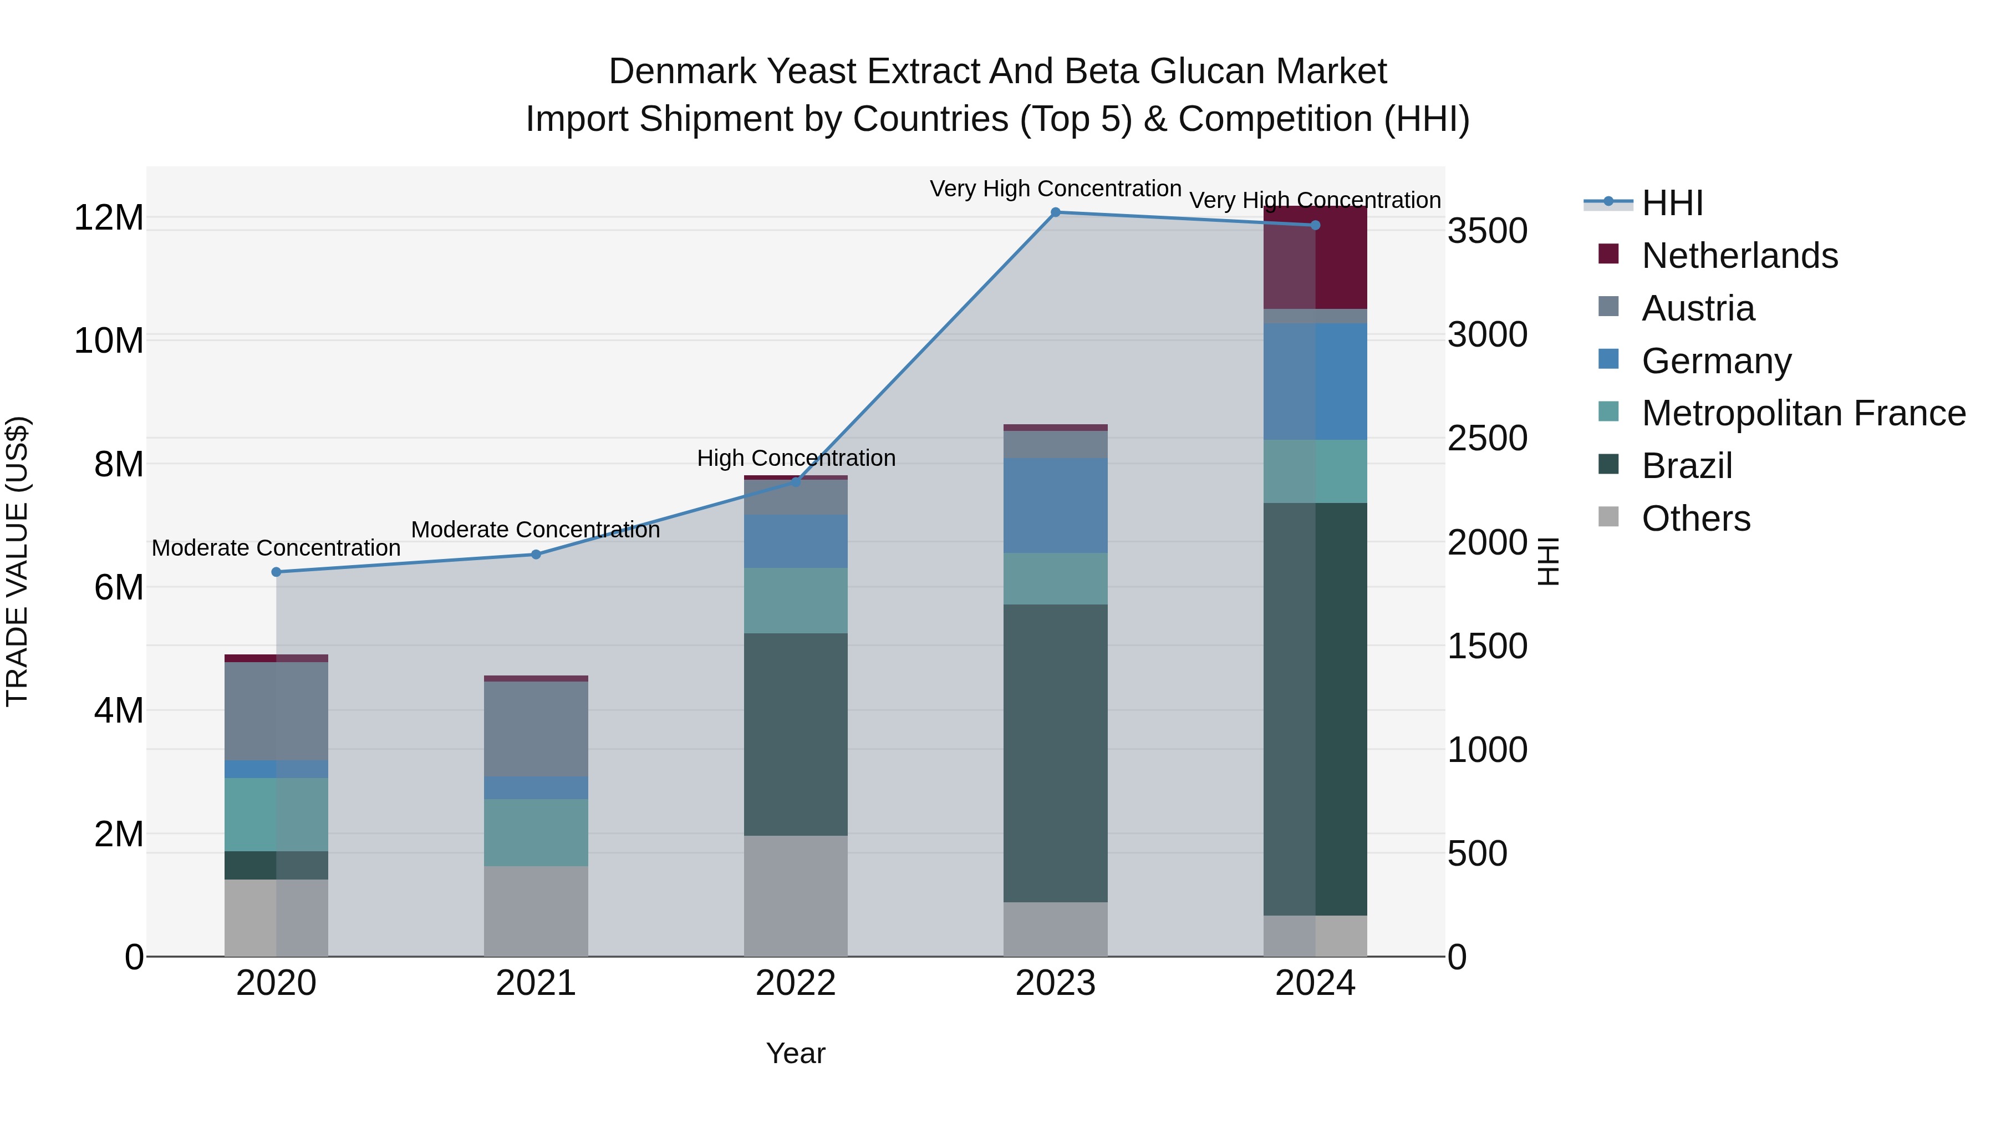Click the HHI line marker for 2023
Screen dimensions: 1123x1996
(1055, 212)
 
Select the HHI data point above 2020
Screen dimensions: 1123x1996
(277, 572)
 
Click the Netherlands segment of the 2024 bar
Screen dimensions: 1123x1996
(1315, 258)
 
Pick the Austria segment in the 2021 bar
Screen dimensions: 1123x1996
(536, 729)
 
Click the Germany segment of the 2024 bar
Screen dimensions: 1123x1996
(1315, 382)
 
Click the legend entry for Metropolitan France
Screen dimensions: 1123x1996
(1802, 413)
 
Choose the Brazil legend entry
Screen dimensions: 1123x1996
(1686, 466)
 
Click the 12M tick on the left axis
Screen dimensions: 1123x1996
(109, 218)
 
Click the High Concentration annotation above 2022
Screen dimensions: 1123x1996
(796, 458)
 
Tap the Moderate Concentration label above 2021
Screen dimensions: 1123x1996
(536, 530)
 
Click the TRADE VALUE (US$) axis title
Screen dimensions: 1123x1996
(17, 561)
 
